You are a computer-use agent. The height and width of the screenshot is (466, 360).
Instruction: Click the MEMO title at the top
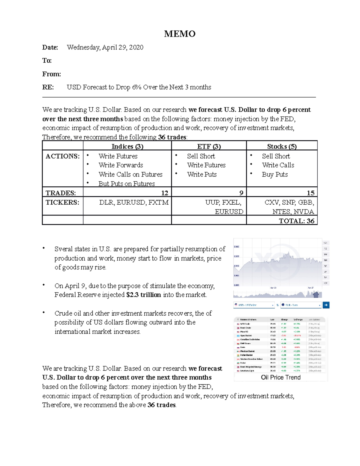click(x=180, y=34)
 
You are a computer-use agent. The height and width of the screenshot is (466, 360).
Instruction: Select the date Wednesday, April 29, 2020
click(x=105, y=47)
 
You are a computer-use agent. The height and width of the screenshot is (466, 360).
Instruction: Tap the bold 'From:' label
click(x=52, y=74)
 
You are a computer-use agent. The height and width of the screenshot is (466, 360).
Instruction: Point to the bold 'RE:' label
click(x=48, y=87)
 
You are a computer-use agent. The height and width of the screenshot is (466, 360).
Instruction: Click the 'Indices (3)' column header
click(x=127, y=146)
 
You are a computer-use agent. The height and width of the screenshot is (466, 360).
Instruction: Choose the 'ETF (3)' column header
click(x=209, y=146)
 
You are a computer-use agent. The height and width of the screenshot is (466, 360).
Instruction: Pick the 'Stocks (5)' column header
click(x=282, y=146)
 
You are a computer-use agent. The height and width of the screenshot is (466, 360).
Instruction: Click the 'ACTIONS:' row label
click(x=62, y=156)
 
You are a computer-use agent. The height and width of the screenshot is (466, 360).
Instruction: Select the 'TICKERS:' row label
click(x=62, y=203)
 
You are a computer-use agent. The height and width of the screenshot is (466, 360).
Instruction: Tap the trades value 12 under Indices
click(x=164, y=193)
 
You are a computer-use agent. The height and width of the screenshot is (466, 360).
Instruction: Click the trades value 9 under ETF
click(x=241, y=193)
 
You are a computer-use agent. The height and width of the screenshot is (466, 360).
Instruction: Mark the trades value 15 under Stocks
click(x=310, y=193)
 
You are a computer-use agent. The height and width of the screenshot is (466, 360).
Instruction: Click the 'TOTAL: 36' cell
click(x=296, y=221)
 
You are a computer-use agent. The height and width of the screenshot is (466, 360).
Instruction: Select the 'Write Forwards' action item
click(x=121, y=165)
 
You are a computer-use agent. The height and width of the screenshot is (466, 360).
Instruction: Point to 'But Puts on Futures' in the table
click(x=127, y=184)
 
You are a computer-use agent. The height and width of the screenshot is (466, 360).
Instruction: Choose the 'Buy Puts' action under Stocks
click(x=274, y=175)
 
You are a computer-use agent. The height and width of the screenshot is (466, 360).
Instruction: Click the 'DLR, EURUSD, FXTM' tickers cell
click(x=134, y=203)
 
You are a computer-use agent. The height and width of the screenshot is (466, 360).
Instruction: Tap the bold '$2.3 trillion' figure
click(x=144, y=295)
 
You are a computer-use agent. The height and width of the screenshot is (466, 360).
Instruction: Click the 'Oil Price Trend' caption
click(x=280, y=377)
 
